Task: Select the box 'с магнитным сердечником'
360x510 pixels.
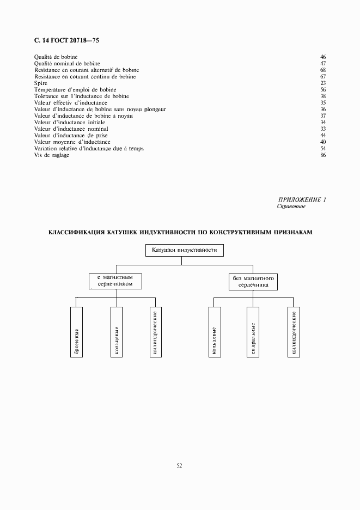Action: (x=115, y=281)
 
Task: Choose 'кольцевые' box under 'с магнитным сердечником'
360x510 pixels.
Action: (x=116, y=332)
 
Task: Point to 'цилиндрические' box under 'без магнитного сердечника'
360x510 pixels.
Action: (x=294, y=332)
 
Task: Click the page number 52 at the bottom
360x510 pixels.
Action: (x=180, y=466)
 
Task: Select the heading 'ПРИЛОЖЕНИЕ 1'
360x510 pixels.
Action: (x=302, y=200)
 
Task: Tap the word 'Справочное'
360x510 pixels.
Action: (x=291, y=207)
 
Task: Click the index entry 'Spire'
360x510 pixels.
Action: (x=41, y=83)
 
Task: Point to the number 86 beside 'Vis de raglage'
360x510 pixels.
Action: (x=322, y=155)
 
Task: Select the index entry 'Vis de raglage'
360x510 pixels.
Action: (x=52, y=155)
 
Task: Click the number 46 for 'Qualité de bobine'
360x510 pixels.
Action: (x=322, y=57)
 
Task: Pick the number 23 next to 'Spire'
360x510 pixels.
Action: (x=322, y=83)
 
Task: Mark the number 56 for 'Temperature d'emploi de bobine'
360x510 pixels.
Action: (x=322, y=90)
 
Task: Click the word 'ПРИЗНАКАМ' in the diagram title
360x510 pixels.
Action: (x=293, y=232)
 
